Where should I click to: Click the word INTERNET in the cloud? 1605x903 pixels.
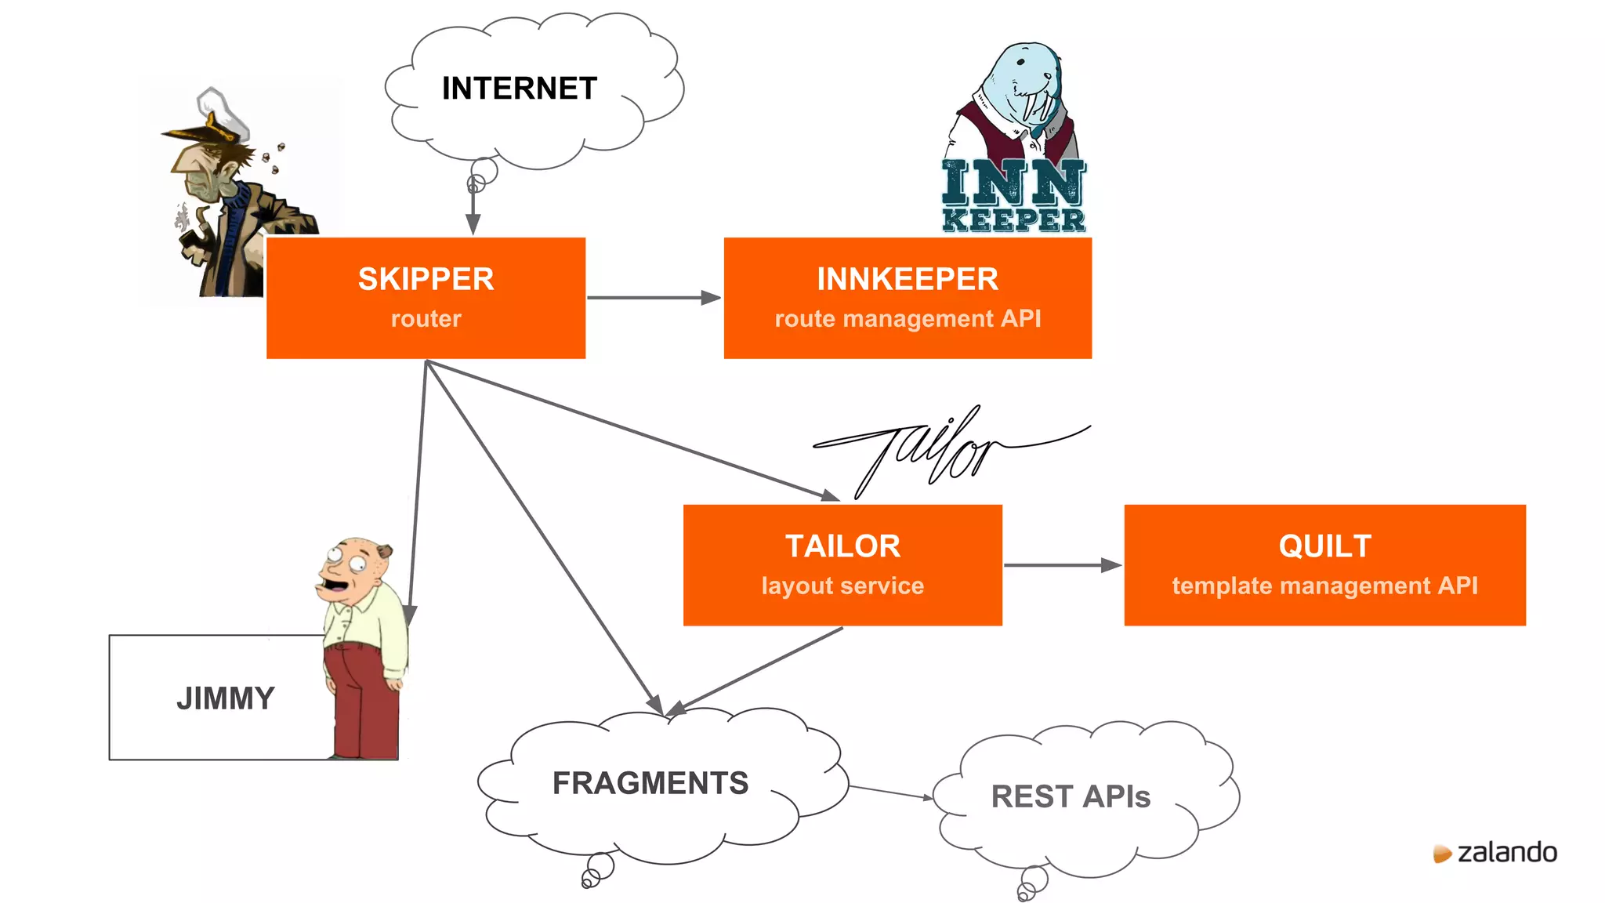tap(519, 89)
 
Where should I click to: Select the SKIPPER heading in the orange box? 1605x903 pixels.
tap(426, 279)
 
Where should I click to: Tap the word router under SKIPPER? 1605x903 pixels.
tap(426, 319)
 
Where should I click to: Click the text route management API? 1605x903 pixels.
tap(907, 319)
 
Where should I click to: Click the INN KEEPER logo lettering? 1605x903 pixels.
tap(1013, 196)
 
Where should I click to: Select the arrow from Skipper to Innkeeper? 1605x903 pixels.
tap(652, 298)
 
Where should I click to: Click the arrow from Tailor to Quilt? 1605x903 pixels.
tap(1062, 565)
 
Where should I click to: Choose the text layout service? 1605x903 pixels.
tap(842, 586)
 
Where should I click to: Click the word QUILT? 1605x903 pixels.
tap(1324, 546)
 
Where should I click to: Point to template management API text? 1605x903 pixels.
tap(1324, 586)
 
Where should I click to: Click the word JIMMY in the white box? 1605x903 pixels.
tap(226, 698)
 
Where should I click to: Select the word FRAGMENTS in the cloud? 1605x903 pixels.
tap(650, 783)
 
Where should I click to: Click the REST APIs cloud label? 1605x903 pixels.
tap(1070, 797)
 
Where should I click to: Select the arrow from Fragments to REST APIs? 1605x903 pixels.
tap(889, 792)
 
